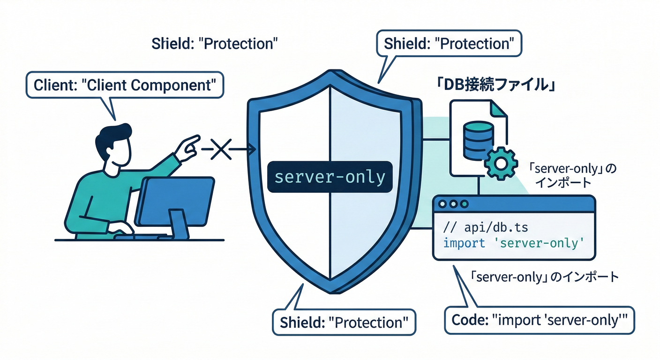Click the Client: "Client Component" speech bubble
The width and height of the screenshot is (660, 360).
click(x=124, y=85)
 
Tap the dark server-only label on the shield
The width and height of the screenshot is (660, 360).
click(x=330, y=177)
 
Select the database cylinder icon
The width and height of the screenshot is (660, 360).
click(x=478, y=139)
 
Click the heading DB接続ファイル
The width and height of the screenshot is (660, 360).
click(x=496, y=87)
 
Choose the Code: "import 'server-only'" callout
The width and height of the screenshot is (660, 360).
click(x=539, y=320)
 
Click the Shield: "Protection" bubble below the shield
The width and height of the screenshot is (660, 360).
click(x=344, y=322)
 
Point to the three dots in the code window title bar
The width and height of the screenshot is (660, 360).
click(x=452, y=204)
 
